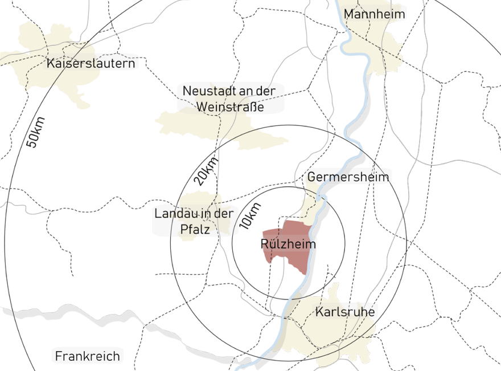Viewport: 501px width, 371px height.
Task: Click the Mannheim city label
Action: tap(374, 14)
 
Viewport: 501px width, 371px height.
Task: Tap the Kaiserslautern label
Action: tap(91, 63)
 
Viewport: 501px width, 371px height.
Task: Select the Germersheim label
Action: tap(348, 177)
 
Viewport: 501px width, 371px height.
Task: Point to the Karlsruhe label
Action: tap(344, 312)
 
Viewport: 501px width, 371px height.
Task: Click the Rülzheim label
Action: tap(288, 244)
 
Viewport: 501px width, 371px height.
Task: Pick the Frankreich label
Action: tap(88, 356)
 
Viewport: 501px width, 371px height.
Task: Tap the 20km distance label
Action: tap(206, 170)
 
